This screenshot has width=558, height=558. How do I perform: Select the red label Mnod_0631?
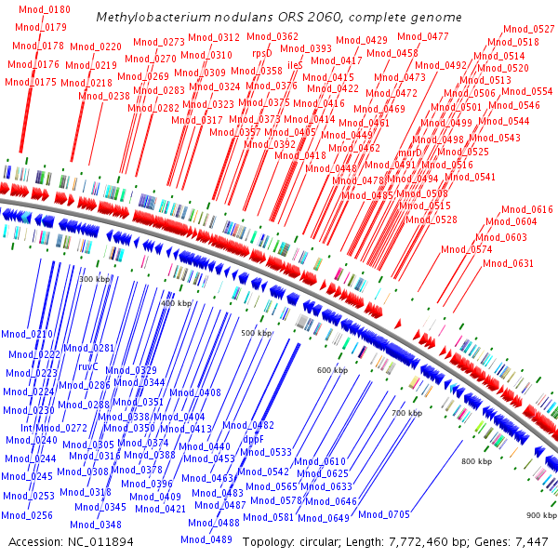[508, 263]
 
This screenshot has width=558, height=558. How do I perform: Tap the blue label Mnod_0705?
[384, 514]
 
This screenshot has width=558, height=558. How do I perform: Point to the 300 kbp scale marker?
[94, 279]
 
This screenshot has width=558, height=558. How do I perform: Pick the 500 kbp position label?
[257, 333]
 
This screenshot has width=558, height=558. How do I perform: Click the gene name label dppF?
[254, 438]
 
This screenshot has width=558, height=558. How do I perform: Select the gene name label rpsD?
[262, 54]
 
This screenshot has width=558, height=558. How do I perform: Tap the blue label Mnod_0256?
[26, 515]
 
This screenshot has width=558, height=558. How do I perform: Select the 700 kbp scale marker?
[406, 412]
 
